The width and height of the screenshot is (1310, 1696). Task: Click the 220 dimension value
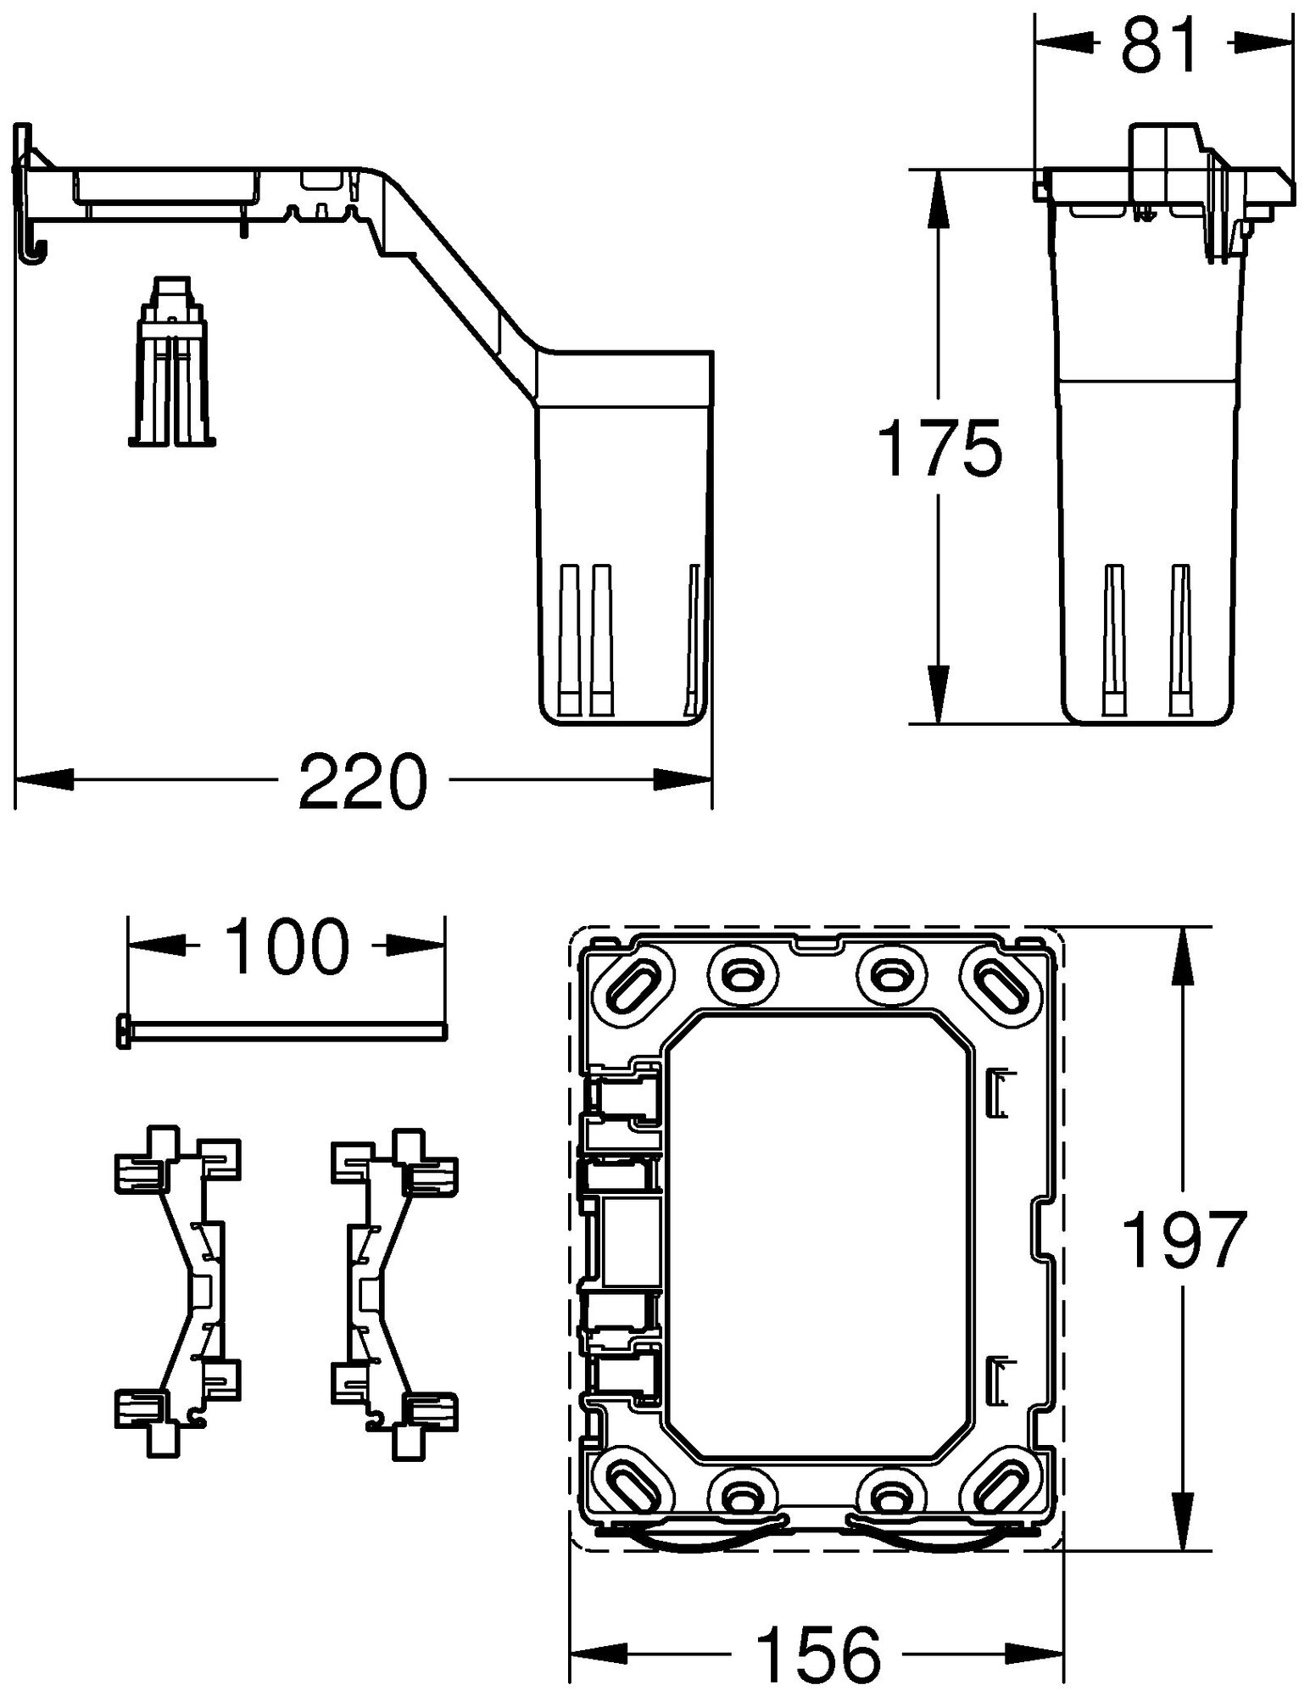[362, 780]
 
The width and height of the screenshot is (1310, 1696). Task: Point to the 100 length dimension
[287, 945]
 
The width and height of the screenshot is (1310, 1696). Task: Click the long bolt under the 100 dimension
[280, 1030]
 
